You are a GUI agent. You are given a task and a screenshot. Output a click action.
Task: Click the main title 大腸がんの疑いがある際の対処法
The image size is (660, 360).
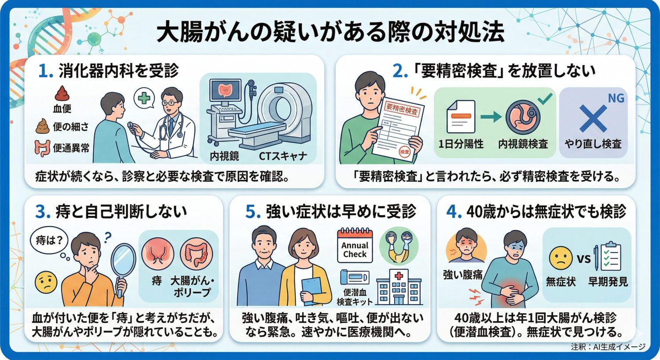[330, 33]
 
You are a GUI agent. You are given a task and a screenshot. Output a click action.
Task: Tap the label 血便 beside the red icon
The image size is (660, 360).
[62, 109]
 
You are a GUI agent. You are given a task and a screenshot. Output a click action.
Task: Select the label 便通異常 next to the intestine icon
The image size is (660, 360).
[71, 148]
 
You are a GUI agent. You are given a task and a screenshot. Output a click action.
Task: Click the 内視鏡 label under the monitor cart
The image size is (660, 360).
[224, 156]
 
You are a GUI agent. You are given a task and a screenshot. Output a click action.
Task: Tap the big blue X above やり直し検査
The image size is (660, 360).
[593, 118]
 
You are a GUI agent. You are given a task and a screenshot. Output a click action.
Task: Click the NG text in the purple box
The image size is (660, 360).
[616, 98]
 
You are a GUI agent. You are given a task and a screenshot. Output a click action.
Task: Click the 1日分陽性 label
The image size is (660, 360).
[461, 144]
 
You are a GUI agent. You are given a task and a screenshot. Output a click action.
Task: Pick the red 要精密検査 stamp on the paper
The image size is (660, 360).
[402, 108]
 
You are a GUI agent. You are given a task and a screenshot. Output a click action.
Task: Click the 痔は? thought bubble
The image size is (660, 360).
[49, 240]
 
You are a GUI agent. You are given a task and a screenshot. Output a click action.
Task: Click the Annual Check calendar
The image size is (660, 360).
[355, 246]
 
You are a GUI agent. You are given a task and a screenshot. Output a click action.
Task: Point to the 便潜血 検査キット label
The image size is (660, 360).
[354, 297]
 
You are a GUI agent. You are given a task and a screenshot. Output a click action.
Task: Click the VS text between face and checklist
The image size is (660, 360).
[583, 258]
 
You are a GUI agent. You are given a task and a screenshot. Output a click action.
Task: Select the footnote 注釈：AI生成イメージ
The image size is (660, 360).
[608, 347]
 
